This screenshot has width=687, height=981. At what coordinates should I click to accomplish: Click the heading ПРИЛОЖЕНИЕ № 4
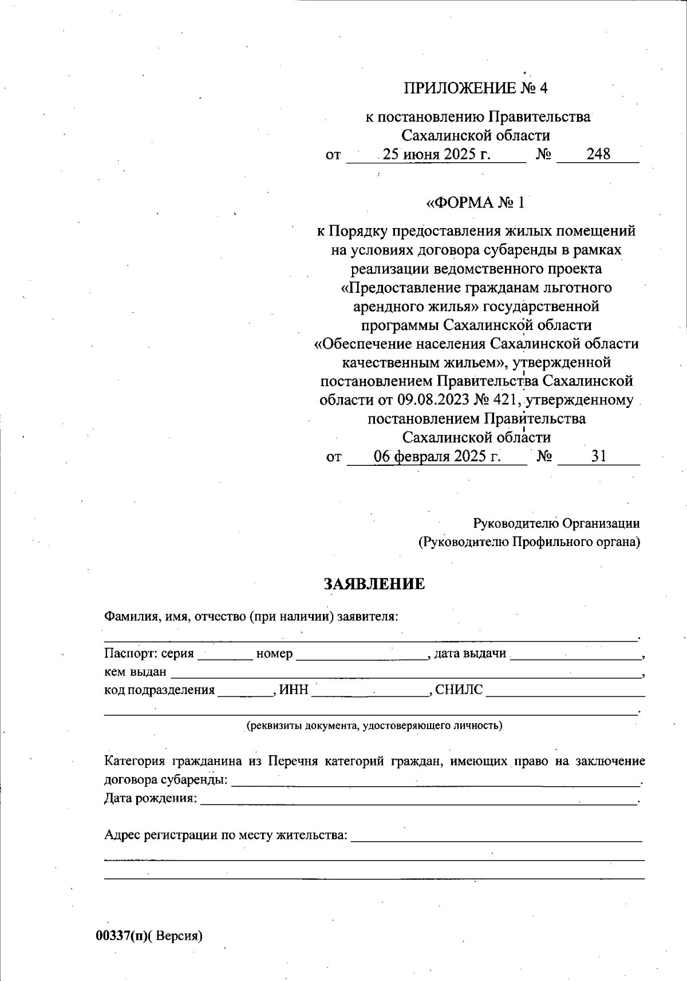point(476,88)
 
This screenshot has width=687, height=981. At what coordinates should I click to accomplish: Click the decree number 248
point(598,154)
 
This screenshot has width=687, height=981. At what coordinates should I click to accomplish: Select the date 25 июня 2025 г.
point(437,154)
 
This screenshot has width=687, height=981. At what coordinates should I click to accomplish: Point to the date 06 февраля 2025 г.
point(437,456)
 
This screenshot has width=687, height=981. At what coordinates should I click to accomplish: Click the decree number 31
point(599,456)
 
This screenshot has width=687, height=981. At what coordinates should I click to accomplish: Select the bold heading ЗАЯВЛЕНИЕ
point(374,584)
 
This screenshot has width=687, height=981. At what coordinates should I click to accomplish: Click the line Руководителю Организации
point(556,523)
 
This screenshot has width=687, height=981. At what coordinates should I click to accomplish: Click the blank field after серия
point(225,655)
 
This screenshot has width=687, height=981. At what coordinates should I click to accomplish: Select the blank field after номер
point(362,655)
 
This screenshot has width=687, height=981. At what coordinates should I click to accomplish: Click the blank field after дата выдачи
point(576,655)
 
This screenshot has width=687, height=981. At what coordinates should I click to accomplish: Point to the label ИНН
point(294,690)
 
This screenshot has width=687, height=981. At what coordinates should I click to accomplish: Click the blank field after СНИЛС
point(564,691)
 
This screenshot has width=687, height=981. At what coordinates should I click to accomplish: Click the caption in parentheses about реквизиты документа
point(374,725)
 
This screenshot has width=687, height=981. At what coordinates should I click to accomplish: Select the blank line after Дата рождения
point(419,800)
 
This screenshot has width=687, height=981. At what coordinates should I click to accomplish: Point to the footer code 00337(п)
point(121,936)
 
